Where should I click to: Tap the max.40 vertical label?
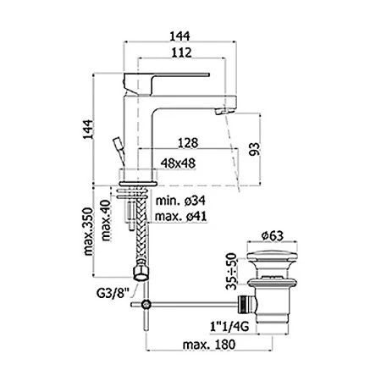(x=106, y=218)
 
